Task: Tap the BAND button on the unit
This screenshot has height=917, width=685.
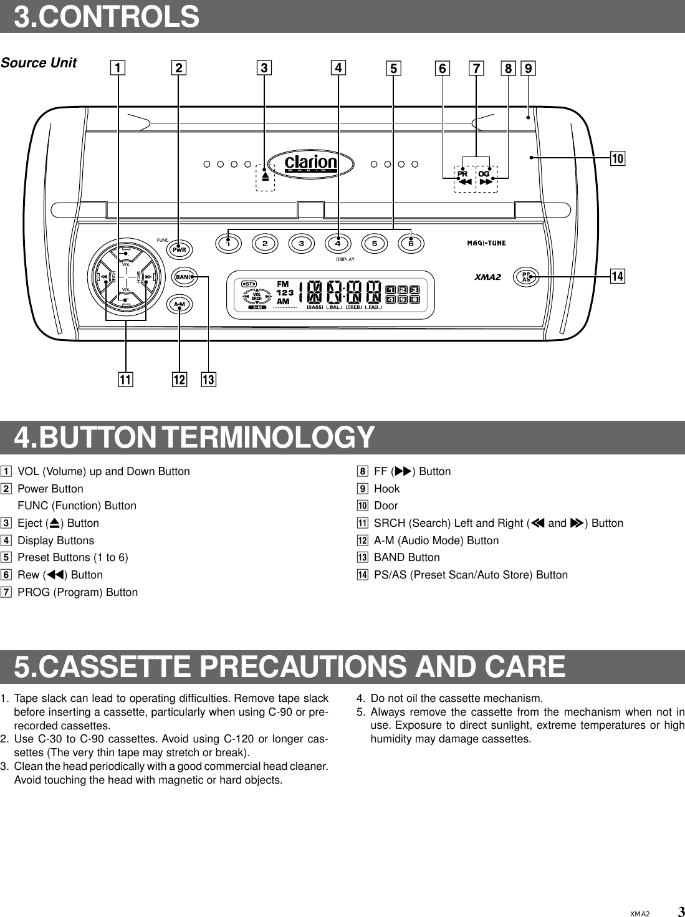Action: (x=183, y=276)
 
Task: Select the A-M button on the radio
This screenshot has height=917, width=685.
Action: (x=180, y=304)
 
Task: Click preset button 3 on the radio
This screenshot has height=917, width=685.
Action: (x=302, y=243)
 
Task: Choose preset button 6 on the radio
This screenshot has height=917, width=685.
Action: (x=411, y=243)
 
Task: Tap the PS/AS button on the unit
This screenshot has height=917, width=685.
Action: (x=526, y=276)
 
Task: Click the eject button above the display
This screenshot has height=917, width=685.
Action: (x=265, y=176)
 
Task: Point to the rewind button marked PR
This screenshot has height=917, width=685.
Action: (x=464, y=178)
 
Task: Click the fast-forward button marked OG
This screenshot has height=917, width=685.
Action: (x=486, y=178)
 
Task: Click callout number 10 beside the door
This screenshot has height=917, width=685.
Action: (x=617, y=158)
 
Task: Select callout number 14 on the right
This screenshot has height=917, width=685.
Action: (x=617, y=276)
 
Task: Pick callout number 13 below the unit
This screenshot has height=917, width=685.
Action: (x=208, y=379)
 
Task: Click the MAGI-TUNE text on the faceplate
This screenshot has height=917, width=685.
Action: (x=486, y=243)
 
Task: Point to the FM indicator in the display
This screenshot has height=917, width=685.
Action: (x=282, y=284)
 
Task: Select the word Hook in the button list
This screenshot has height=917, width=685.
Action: (x=386, y=489)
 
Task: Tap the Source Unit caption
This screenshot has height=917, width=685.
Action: (x=39, y=63)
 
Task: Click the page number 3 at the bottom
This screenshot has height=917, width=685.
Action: (x=681, y=911)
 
